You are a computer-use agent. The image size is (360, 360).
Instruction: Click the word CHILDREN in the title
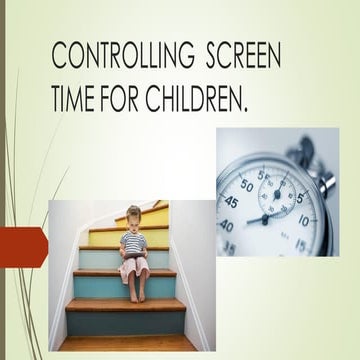coord(209,99)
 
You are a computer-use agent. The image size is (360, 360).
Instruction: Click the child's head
coord(134,215)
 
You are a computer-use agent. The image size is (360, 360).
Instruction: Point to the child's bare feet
coord(135,296)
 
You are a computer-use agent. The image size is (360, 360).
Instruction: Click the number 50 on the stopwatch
coord(247,185)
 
